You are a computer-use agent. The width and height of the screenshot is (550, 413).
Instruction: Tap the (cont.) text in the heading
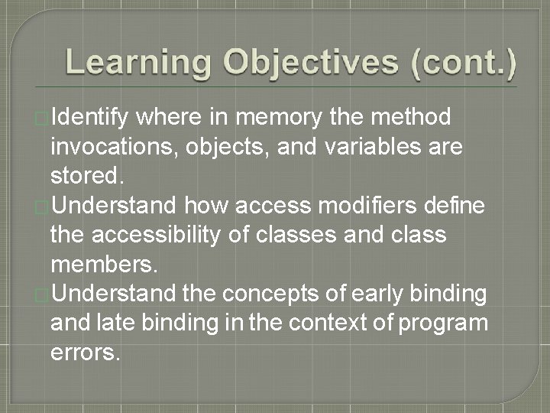coord(463,63)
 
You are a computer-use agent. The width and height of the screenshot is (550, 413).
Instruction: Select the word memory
coord(278,119)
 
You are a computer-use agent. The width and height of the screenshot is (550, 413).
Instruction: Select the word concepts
coord(272,293)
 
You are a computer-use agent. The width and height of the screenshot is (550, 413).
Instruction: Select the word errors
coord(85,351)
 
